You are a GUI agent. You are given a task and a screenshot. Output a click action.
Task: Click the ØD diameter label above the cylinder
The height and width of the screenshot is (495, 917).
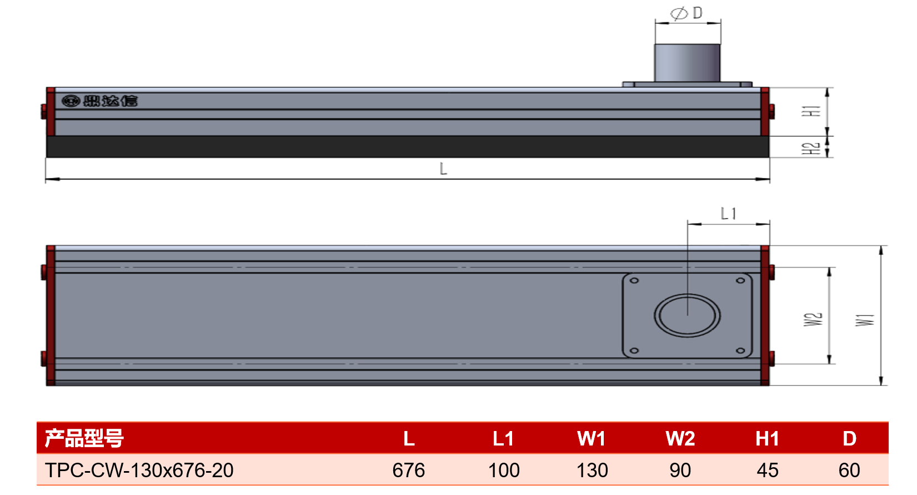(x=687, y=13)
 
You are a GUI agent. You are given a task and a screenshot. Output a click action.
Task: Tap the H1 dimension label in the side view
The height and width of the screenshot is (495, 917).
(x=811, y=111)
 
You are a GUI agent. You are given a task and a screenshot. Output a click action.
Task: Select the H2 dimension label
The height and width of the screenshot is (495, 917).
(x=811, y=148)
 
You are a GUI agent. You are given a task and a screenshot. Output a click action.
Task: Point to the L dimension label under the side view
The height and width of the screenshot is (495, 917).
(x=443, y=169)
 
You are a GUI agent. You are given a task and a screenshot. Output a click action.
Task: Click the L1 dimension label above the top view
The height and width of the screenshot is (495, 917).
(x=728, y=214)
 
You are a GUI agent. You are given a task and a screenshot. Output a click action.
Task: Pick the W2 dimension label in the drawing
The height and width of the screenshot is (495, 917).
(x=813, y=319)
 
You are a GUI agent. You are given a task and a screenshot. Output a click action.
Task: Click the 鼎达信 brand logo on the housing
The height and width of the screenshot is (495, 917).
(x=99, y=101)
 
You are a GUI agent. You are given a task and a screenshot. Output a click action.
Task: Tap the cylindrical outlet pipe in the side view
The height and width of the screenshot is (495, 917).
(x=688, y=63)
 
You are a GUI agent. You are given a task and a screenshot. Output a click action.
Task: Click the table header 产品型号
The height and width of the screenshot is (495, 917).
(x=84, y=438)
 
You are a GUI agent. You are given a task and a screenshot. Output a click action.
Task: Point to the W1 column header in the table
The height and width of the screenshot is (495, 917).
(x=592, y=439)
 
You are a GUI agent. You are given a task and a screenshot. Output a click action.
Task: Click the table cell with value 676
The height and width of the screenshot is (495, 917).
(x=409, y=470)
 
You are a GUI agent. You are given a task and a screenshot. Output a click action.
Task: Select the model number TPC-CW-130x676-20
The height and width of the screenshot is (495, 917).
(x=139, y=470)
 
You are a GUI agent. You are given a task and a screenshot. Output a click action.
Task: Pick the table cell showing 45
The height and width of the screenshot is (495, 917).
(x=768, y=470)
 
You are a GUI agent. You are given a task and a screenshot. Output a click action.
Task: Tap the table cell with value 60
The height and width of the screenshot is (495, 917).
(x=849, y=470)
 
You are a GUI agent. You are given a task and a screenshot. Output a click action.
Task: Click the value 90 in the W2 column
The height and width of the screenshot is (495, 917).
(x=680, y=470)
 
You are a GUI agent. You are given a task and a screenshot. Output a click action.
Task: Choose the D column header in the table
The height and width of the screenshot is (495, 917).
(x=849, y=439)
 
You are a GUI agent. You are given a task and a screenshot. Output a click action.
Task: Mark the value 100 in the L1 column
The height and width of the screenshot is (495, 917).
(x=504, y=470)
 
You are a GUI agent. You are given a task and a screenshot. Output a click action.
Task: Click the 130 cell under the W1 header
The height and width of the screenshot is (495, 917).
(x=592, y=470)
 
